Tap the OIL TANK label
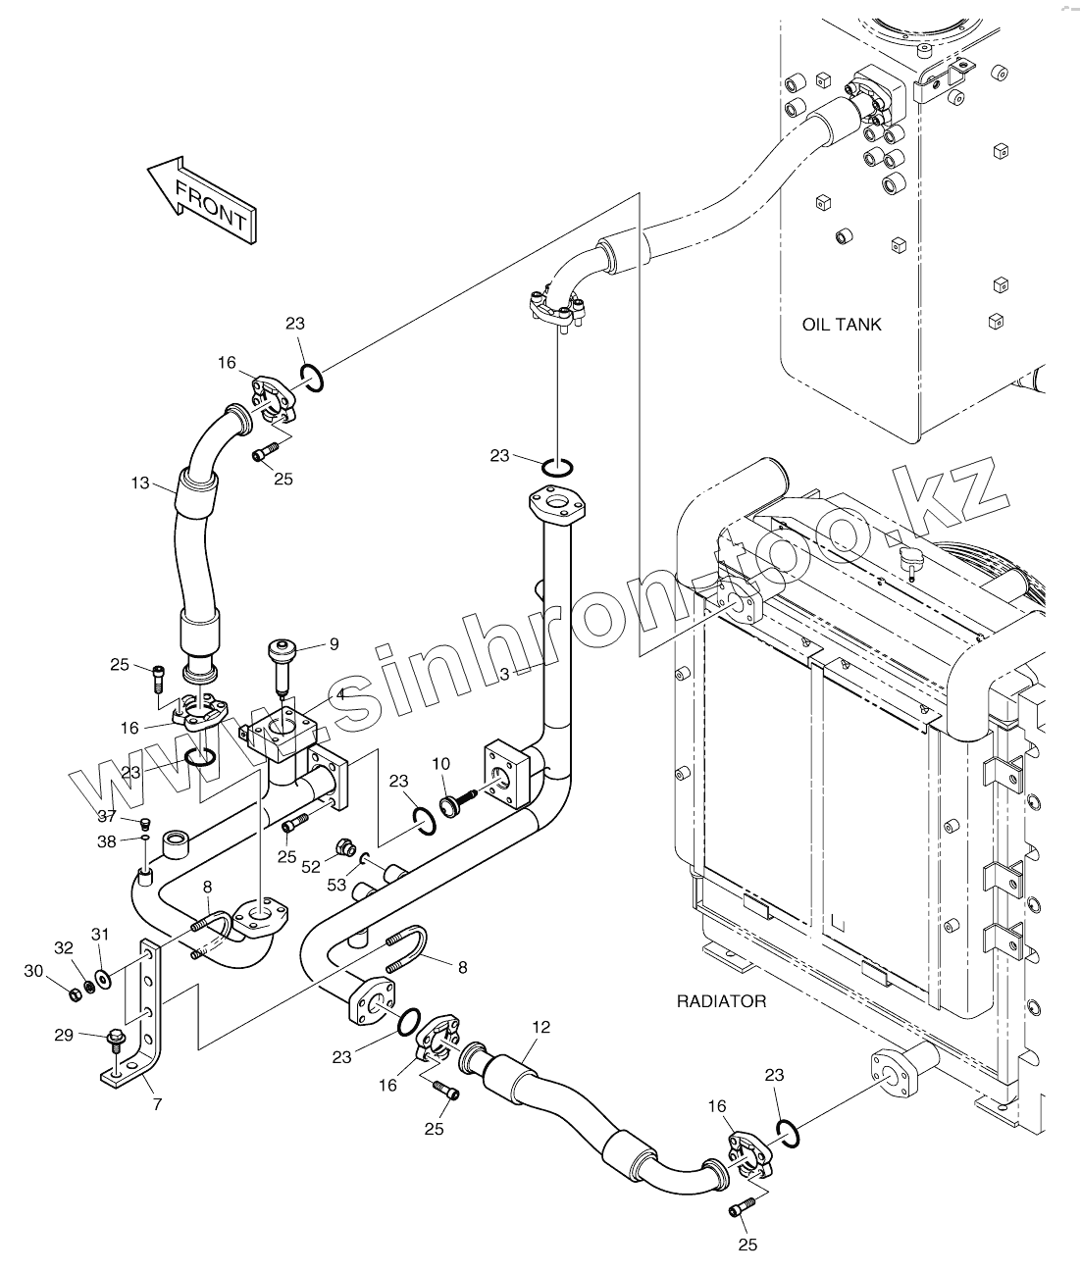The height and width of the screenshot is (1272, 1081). tap(842, 325)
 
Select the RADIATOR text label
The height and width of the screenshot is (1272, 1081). tap(721, 1001)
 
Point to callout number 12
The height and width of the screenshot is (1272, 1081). tap(541, 1027)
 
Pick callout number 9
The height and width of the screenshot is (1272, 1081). tap(334, 644)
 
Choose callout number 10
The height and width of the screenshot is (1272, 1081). tap(440, 763)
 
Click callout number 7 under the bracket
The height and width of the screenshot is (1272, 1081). tap(157, 1103)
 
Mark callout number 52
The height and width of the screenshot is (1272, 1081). tap(312, 866)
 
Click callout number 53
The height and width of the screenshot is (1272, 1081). tap(336, 885)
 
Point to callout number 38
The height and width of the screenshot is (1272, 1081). tap(106, 840)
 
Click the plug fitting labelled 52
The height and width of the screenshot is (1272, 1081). tap(344, 845)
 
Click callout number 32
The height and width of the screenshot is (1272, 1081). tap(64, 947)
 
